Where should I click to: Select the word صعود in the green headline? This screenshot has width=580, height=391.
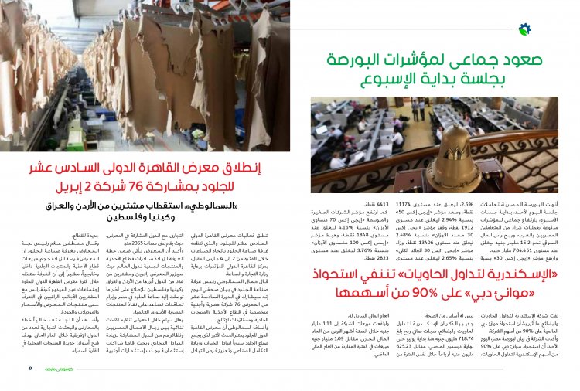click(x=490, y=59)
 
